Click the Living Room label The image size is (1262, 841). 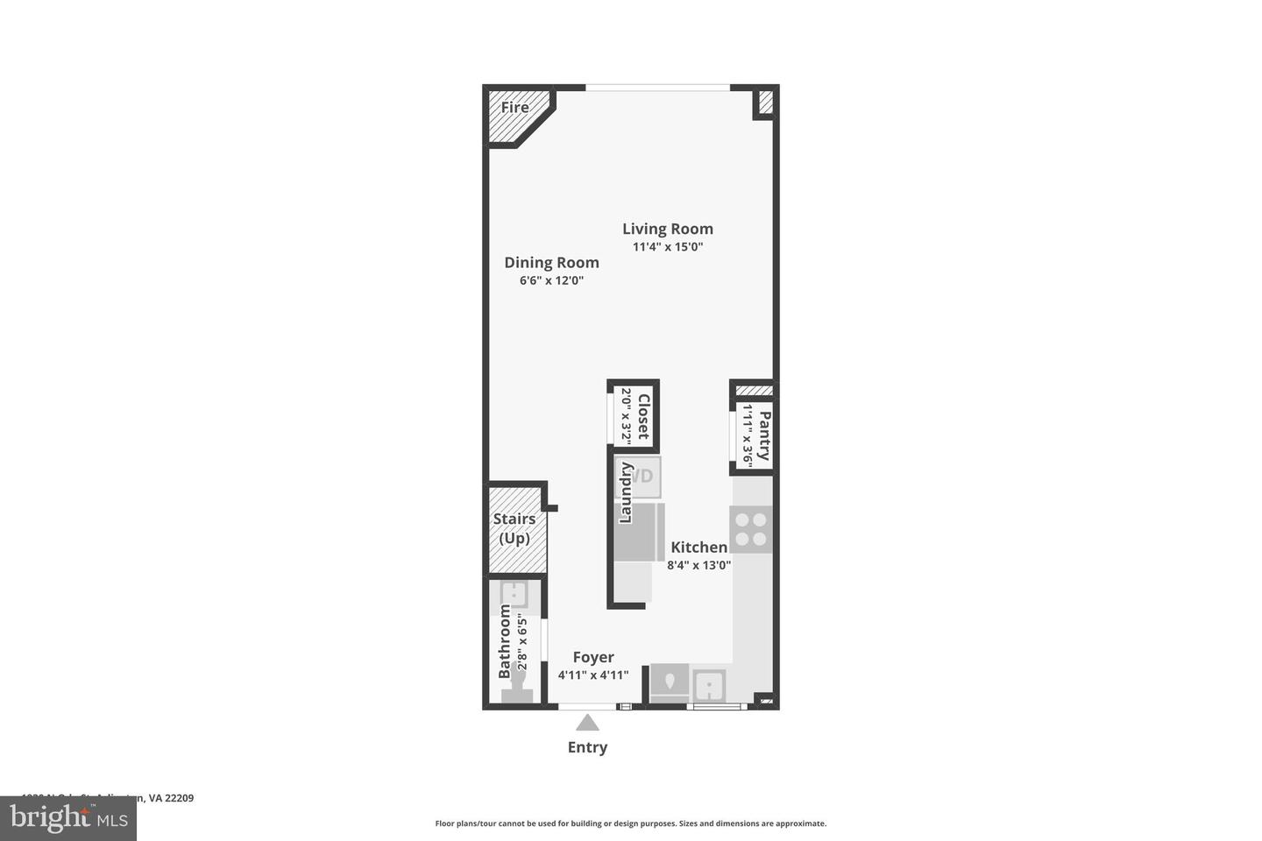(667, 229)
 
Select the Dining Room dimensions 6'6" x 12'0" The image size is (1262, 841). (551, 281)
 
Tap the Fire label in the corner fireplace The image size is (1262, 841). (514, 108)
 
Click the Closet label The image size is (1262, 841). (643, 417)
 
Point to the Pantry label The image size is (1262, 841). (765, 435)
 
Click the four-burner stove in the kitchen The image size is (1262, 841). (751, 529)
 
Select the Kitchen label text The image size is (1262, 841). (698, 548)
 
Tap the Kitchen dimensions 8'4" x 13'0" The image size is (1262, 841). (698, 566)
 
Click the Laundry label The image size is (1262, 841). (626, 493)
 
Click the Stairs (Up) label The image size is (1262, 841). (514, 528)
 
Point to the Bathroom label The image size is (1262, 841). (505, 641)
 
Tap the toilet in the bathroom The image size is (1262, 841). (517, 691)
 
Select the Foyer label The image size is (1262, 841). (593, 657)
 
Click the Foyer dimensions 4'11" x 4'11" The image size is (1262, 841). (593, 675)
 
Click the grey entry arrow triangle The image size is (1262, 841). (587, 723)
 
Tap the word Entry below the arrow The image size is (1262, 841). (587, 747)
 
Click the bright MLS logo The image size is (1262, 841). (68, 818)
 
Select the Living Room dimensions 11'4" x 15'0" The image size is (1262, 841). (668, 247)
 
